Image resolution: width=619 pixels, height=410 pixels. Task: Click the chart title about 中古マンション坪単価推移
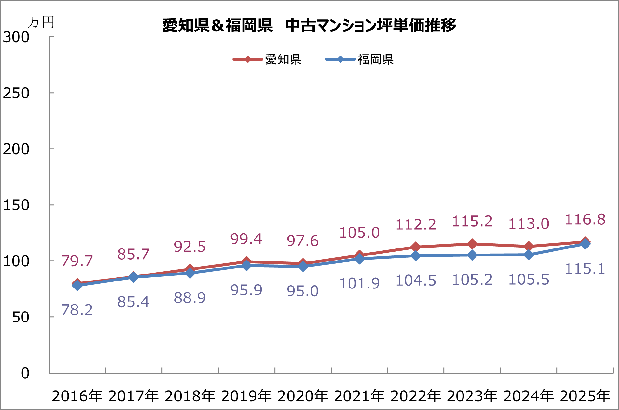point(309,25)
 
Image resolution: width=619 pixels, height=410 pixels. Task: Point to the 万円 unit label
point(41,22)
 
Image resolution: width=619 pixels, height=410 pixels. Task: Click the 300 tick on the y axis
point(16,37)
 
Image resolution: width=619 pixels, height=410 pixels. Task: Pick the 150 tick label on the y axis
point(16,205)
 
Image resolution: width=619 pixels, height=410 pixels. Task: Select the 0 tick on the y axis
point(25,373)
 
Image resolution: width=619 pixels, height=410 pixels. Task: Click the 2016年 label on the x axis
point(77,396)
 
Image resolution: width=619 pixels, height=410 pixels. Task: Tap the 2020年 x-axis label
point(303,396)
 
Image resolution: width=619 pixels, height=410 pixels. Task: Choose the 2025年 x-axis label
point(585,396)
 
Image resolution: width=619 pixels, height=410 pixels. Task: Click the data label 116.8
point(585,220)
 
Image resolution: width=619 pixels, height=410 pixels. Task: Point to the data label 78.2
point(77,310)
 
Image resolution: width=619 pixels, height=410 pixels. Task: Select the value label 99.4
point(246,239)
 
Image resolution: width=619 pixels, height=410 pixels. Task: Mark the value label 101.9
point(359,283)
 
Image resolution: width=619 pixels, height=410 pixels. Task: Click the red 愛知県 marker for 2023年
point(472,244)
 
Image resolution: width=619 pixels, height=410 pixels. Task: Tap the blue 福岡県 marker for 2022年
point(416,256)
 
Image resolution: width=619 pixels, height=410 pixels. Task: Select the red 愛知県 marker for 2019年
point(246,262)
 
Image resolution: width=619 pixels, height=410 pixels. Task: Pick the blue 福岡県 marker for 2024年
point(529,255)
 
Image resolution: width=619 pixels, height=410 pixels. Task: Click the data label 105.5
point(529,280)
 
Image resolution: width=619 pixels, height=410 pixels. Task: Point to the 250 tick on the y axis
point(16,93)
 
